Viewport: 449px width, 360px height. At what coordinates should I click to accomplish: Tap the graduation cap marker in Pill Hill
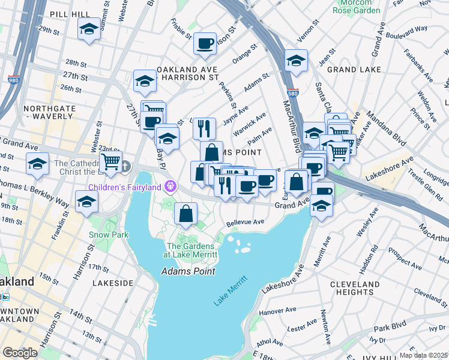[89, 29]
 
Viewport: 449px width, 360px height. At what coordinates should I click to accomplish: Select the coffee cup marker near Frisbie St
[205, 43]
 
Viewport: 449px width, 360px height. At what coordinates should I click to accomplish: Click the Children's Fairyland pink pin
[170, 187]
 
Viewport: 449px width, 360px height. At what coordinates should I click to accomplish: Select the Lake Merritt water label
[231, 291]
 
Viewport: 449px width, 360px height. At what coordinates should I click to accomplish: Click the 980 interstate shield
[13, 79]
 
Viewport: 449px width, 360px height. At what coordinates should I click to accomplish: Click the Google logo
[20, 352]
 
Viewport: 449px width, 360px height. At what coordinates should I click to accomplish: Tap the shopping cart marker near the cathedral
[110, 161]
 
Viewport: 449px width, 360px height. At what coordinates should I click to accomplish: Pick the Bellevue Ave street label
[246, 222]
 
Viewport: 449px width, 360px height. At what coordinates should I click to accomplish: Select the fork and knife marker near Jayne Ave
[204, 127]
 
